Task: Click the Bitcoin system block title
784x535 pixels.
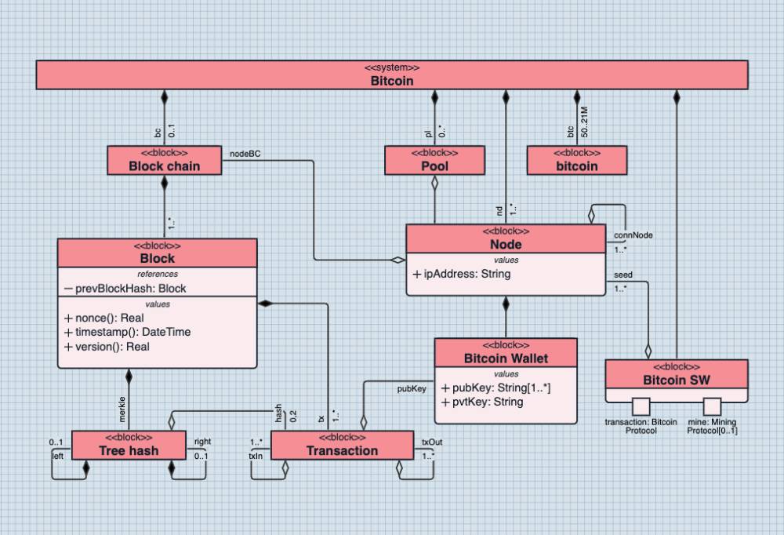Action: pyautogui.click(x=392, y=80)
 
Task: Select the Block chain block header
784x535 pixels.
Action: pyautogui.click(x=164, y=166)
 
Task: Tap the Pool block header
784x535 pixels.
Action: pyautogui.click(x=434, y=166)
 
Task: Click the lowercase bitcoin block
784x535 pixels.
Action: pyautogui.click(x=576, y=166)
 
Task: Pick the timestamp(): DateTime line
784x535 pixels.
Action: pyautogui.click(x=127, y=332)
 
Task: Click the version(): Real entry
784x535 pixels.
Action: pyautogui.click(x=107, y=346)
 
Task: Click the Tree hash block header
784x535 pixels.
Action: pyautogui.click(x=129, y=449)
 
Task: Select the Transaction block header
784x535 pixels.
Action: pyautogui.click(x=342, y=450)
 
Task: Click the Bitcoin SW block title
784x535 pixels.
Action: pyautogui.click(x=676, y=380)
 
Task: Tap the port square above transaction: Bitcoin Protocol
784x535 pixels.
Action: pyautogui.click(x=641, y=406)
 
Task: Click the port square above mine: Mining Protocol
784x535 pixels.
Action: pyautogui.click(x=711, y=406)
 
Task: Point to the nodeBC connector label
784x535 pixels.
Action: pyautogui.click(x=242, y=154)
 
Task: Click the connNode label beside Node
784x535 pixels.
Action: pyautogui.click(x=633, y=235)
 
